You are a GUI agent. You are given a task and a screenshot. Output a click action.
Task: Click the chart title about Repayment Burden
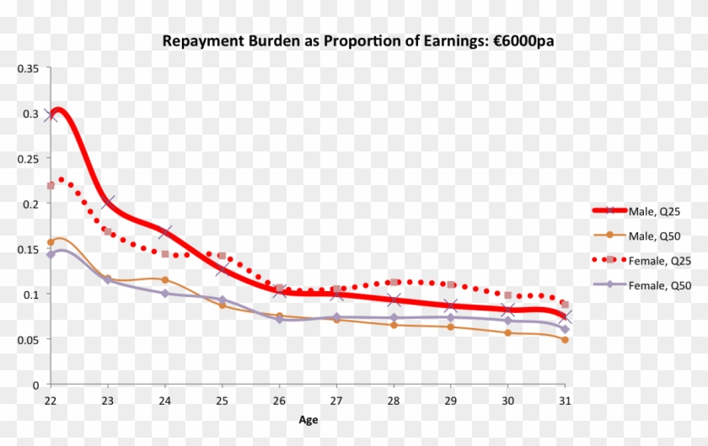pos(358,40)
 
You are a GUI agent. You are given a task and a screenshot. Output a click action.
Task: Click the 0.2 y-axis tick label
pos(31,204)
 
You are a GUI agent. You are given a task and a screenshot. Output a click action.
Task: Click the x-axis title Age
pos(308,418)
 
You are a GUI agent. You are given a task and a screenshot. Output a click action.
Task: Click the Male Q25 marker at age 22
pos(51,115)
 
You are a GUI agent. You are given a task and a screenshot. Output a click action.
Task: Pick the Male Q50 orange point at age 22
pos(51,242)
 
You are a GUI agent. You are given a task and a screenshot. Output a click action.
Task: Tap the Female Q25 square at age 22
pos(51,185)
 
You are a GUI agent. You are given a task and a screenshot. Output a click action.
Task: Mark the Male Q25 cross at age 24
pos(165,232)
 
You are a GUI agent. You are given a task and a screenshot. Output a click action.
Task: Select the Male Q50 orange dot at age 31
pos(565,339)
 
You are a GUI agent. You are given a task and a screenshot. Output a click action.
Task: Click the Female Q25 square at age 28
pos(394,282)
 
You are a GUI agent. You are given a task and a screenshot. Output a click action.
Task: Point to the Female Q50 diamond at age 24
pos(165,294)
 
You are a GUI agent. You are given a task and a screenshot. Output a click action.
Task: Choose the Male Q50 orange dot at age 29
pos(451,327)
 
